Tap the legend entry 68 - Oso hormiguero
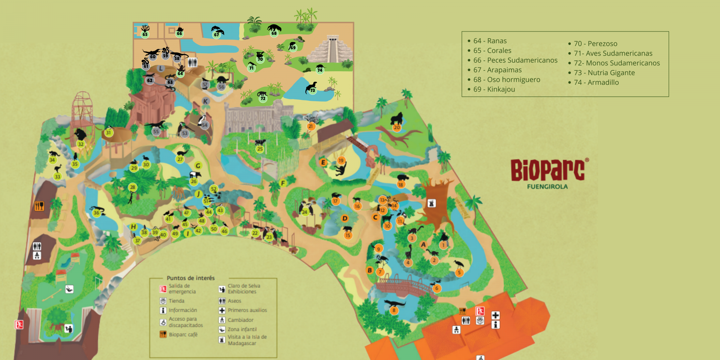(x=506, y=79)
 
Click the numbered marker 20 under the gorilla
(x=397, y=127)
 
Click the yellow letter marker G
(x=198, y=165)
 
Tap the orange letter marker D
(x=345, y=218)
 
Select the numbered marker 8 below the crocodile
(x=394, y=310)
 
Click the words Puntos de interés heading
(x=190, y=278)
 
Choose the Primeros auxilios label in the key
(x=247, y=310)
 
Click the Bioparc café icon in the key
(x=163, y=334)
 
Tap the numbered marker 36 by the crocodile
(x=96, y=213)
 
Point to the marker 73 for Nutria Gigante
(x=312, y=90)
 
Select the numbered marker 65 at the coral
(x=145, y=34)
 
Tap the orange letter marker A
(x=423, y=244)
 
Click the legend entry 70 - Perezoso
(x=595, y=44)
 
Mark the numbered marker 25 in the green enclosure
(x=260, y=149)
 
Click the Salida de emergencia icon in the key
(x=163, y=289)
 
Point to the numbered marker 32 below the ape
(x=81, y=144)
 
